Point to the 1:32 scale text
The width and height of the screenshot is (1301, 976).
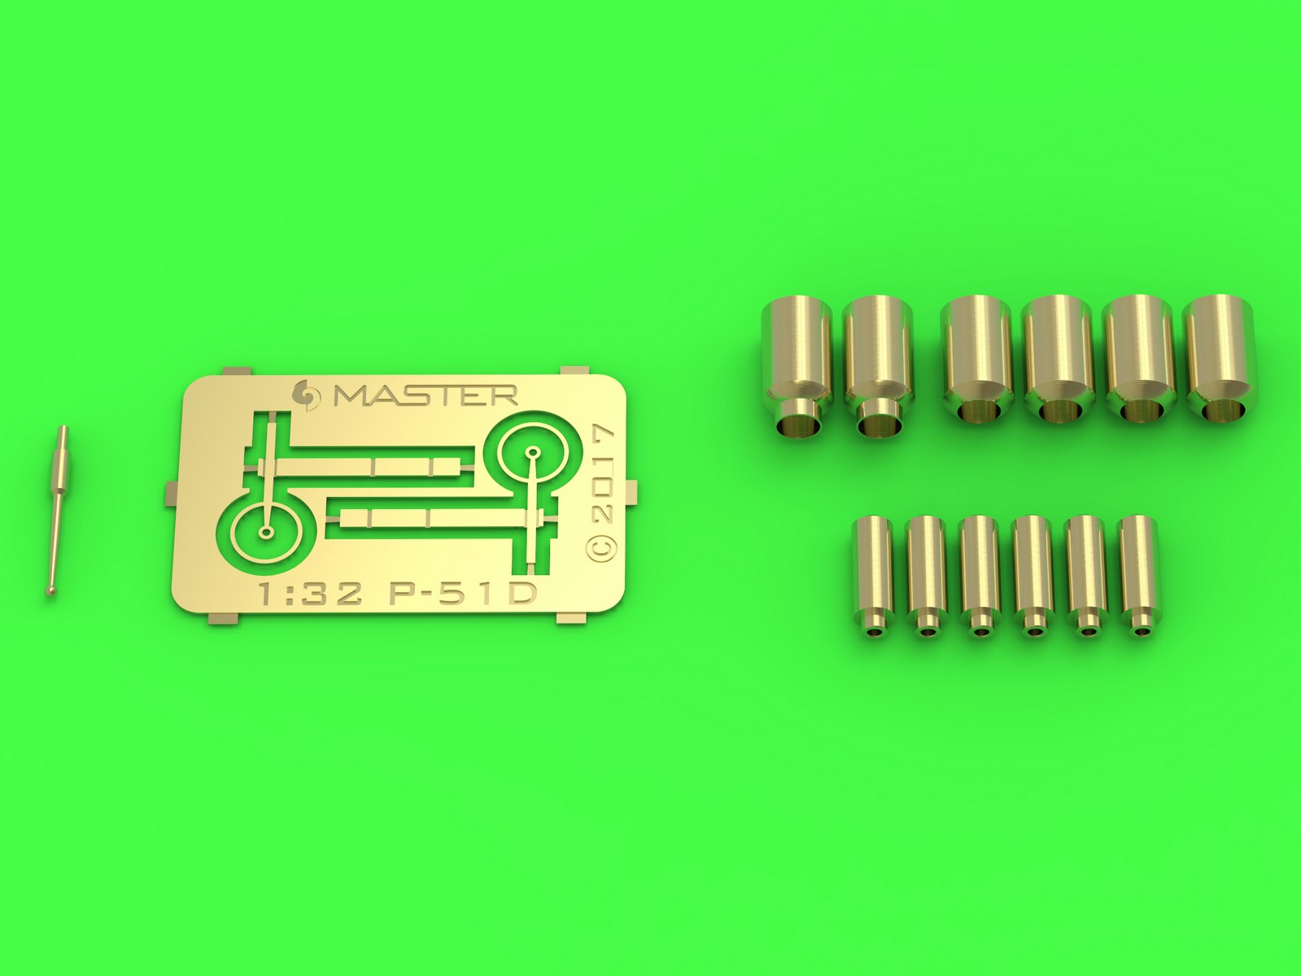pos(311,593)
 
